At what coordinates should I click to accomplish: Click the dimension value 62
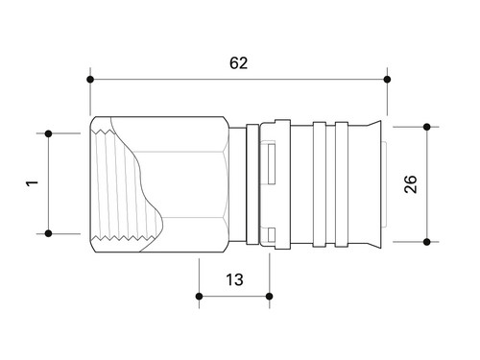pyautogui.click(x=238, y=63)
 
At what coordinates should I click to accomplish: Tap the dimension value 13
pyautogui.click(x=234, y=279)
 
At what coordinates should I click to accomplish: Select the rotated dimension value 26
pyautogui.click(x=411, y=184)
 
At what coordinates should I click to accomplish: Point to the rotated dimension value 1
pyautogui.click(x=32, y=183)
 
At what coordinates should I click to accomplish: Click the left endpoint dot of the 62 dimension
pyautogui.click(x=90, y=79)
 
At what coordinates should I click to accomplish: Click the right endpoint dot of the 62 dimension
pyautogui.click(x=387, y=79)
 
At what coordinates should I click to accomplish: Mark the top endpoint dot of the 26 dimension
pyautogui.click(x=426, y=127)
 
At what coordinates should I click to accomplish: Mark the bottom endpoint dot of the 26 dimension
pyautogui.click(x=426, y=242)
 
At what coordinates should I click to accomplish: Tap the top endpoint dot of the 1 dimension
pyautogui.click(x=48, y=133)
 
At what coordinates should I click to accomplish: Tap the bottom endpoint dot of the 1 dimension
pyautogui.click(x=48, y=233)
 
